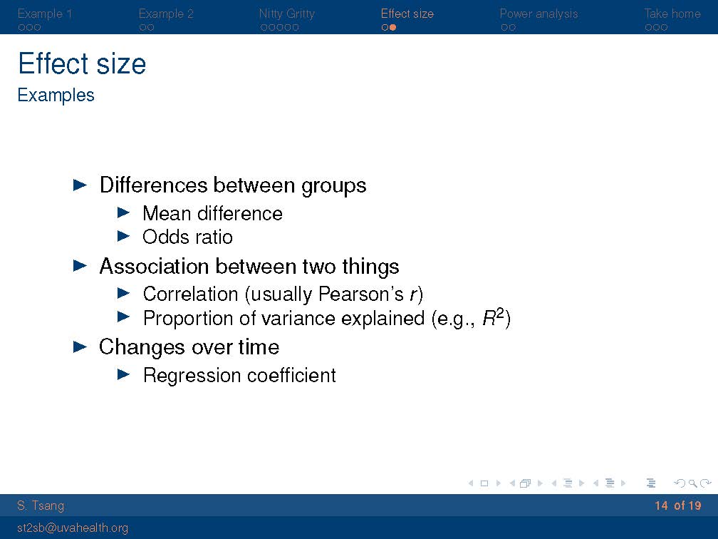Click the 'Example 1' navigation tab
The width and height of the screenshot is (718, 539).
click(44, 14)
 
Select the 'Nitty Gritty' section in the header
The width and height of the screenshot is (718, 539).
click(286, 14)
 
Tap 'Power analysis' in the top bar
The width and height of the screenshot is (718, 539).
click(538, 14)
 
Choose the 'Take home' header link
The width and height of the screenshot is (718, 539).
click(672, 14)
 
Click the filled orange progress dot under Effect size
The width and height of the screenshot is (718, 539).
click(392, 28)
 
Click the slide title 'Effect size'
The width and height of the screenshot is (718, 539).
click(82, 63)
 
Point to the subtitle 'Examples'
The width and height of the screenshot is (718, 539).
click(56, 96)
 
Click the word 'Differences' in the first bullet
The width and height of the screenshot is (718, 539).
click(153, 185)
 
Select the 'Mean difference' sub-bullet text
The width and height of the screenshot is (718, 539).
click(212, 214)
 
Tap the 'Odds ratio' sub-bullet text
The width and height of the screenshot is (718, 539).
click(188, 237)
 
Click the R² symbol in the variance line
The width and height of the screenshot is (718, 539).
click(493, 317)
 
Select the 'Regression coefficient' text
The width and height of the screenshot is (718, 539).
click(239, 375)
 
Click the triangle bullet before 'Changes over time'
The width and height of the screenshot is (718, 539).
click(80, 347)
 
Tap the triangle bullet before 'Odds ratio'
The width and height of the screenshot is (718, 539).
click(124, 236)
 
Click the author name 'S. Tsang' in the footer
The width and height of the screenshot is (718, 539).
click(41, 505)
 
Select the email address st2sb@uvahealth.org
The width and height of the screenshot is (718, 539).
click(73, 528)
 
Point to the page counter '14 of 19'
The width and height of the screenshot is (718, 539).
click(677, 505)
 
